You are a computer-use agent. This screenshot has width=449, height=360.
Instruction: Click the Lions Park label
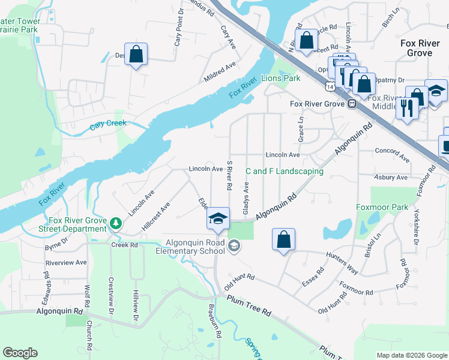click(281, 79)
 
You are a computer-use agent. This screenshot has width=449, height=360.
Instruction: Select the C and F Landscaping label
click(285, 172)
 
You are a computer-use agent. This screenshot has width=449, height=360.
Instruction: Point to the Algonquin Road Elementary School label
click(185, 246)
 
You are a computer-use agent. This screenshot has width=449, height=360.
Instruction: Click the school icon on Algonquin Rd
click(218, 219)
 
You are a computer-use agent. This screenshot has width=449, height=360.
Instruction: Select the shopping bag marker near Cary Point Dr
click(136, 54)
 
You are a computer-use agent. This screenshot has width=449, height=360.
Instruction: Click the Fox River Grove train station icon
click(352, 104)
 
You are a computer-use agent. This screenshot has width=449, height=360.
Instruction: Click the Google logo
click(20, 352)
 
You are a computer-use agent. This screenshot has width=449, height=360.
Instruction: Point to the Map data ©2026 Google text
click(411, 355)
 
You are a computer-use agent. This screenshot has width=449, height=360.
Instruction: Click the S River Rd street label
click(229, 175)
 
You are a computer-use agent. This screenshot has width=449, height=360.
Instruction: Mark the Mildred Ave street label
click(220, 70)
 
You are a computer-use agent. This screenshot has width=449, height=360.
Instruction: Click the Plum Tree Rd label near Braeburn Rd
click(249, 308)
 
